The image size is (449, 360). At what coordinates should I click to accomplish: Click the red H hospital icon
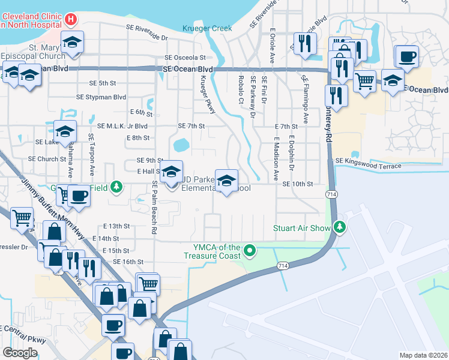tap(71, 20)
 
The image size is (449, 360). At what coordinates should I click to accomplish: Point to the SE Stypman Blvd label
tap(101, 97)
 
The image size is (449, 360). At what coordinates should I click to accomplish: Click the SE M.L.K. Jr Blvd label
tap(122, 126)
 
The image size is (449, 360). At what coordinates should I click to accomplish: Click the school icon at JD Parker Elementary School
tap(226, 181)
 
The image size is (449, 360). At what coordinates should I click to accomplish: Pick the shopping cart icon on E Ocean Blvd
tap(365, 80)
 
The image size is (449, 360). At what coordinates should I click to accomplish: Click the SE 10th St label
tap(298, 184)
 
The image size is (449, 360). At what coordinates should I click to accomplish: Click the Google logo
tap(20, 353)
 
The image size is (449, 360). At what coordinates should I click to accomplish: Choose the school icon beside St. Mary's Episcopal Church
tap(73, 43)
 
